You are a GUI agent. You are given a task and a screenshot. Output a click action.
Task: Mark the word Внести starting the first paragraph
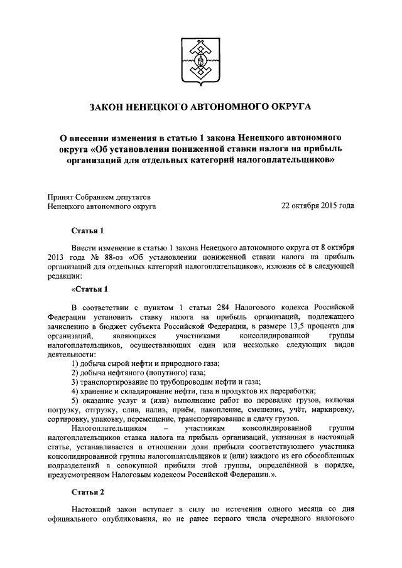click(85, 247)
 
